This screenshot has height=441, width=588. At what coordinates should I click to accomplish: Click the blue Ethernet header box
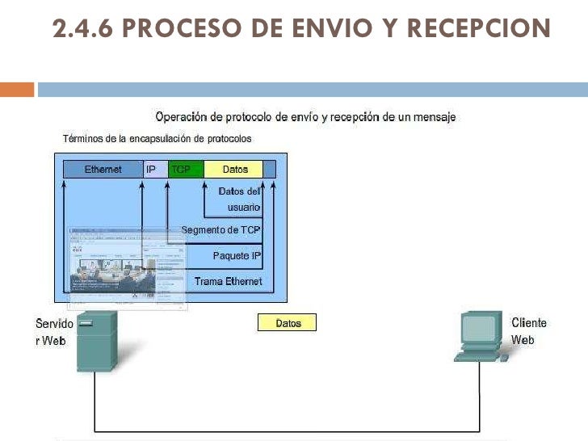point(103,170)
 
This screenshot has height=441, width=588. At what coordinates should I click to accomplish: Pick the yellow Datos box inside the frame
point(233,170)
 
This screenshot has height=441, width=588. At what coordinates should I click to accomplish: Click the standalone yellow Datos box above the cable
point(287,323)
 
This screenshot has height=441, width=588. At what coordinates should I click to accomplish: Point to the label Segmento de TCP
point(221,230)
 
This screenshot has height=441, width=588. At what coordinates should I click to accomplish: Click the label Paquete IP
point(237,256)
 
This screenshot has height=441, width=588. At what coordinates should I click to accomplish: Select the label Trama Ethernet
point(228,281)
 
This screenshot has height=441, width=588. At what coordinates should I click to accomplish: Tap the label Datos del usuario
point(239,199)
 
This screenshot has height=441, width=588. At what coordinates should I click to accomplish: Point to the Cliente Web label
point(528,331)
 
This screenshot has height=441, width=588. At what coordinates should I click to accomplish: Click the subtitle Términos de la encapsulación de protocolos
point(157,138)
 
